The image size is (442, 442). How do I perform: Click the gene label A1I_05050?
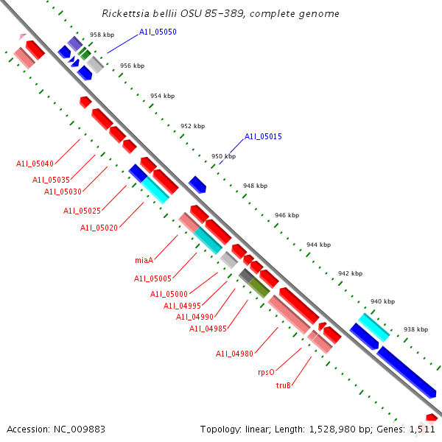coord(158,32)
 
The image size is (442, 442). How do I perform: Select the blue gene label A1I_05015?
coord(263,136)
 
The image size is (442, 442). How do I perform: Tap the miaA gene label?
coord(144,260)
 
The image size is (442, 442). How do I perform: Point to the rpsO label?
coord(266,373)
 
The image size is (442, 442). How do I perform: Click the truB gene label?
coord(284,385)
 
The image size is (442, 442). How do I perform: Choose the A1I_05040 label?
coord(35,164)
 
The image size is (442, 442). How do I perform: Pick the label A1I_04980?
coord(234,354)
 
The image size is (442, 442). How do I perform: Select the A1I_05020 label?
coord(99,228)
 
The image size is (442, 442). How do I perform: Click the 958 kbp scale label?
coord(102,35)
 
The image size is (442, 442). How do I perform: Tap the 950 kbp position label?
coord(223,156)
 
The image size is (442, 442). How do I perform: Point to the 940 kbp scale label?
coord(382,301)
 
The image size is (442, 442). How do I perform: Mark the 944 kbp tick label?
coord(318,245)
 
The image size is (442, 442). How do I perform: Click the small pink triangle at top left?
coord(23,35)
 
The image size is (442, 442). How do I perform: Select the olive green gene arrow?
coord(259,287)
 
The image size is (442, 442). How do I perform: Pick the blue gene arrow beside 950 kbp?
coord(197,184)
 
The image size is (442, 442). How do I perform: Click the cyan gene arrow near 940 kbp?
coord(373,326)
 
